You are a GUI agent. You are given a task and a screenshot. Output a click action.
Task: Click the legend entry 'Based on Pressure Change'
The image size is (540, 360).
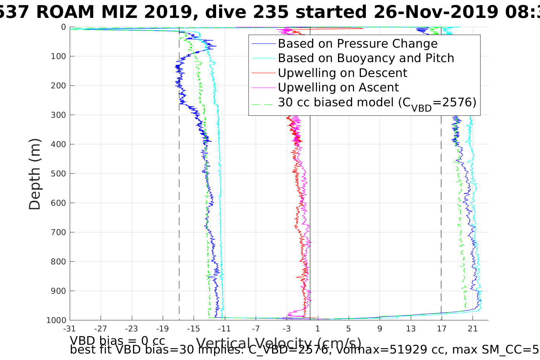point(357,44)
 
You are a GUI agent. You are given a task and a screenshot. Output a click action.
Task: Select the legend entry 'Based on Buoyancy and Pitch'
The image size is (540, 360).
point(366,58)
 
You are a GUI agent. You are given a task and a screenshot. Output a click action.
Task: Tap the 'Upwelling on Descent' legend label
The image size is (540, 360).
point(342,73)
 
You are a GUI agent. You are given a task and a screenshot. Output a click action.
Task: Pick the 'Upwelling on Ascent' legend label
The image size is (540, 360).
point(338,88)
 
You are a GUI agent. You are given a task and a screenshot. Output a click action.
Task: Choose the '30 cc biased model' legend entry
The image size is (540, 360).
point(377,102)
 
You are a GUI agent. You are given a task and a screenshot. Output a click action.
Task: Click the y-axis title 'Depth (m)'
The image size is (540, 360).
point(35,174)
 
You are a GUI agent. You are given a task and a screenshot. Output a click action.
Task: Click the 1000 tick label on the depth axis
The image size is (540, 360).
point(56,320)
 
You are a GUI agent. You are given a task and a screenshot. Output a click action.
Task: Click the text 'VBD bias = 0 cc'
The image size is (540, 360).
point(117,340)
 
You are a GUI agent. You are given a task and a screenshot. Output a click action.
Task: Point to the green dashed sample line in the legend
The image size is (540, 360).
point(263,102)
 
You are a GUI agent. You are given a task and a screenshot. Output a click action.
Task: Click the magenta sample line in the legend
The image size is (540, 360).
point(263,88)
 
